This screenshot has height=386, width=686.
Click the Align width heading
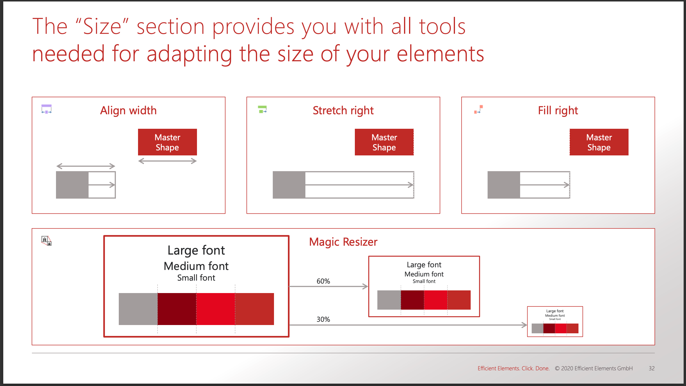128,110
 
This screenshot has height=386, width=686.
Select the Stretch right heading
343,110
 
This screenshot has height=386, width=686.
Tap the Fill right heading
558,110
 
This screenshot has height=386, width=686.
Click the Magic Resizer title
343,242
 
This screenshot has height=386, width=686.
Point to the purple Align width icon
47,109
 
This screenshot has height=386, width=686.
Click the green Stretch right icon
262,109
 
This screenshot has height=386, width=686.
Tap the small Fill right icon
479,109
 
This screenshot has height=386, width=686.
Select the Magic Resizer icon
47,241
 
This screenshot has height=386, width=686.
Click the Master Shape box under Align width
167,142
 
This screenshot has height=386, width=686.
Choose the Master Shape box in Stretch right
384,142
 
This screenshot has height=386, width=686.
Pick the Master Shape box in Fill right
599,142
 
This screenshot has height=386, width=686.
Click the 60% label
323,281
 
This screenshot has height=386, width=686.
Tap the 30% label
323,319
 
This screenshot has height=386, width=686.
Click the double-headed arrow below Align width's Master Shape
167,161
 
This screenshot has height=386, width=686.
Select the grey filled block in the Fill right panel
504,185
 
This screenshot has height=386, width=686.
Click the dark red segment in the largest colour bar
177,309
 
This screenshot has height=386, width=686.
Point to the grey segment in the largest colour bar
138,309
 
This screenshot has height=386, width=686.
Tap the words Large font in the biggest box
196,250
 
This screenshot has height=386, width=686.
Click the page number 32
652,368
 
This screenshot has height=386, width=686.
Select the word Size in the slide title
102,26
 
